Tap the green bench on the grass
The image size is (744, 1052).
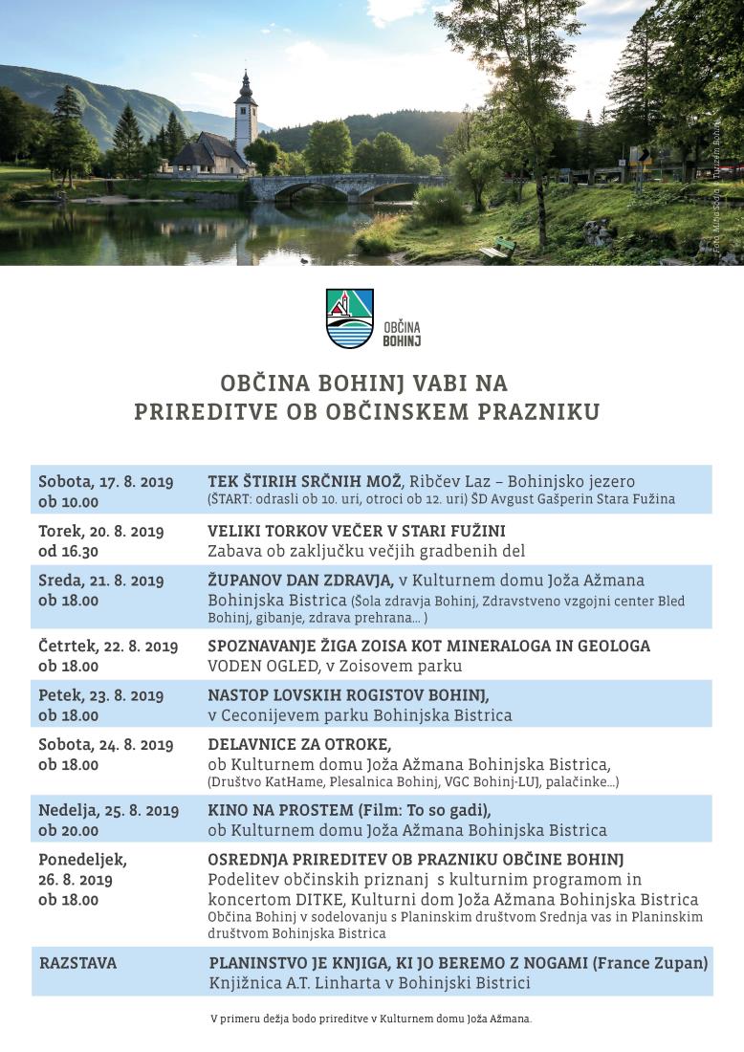coord(498,250)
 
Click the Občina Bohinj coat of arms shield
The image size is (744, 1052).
coord(350,318)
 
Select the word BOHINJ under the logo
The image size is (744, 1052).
coord(402,340)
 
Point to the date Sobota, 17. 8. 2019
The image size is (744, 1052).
coord(105,481)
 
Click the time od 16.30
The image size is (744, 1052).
coord(68,551)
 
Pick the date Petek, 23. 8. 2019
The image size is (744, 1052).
coord(100,695)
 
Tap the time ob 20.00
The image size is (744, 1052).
coord(68,830)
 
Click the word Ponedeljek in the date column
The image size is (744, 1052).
coord(82,860)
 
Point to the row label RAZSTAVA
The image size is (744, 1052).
coord(77,963)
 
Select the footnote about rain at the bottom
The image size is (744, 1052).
coord(371,1019)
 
